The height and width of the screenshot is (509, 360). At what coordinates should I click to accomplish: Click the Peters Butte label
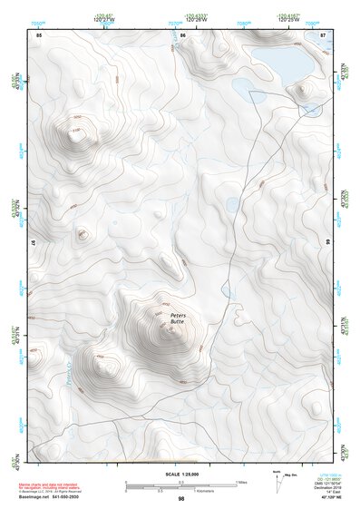(x=177, y=319)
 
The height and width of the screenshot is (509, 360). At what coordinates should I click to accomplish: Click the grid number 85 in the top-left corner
(x=39, y=35)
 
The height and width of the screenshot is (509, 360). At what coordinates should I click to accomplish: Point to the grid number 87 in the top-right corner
(x=323, y=35)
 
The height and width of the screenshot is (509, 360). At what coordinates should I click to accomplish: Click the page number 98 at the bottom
(x=181, y=499)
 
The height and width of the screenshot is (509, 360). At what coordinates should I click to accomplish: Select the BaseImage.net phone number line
(x=54, y=498)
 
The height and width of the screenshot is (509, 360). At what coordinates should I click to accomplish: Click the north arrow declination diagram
(x=276, y=478)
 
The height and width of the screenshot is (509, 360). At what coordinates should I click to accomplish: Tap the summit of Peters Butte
(x=169, y=331)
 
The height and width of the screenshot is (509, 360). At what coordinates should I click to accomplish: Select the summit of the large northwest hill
(x=72, y=131)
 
